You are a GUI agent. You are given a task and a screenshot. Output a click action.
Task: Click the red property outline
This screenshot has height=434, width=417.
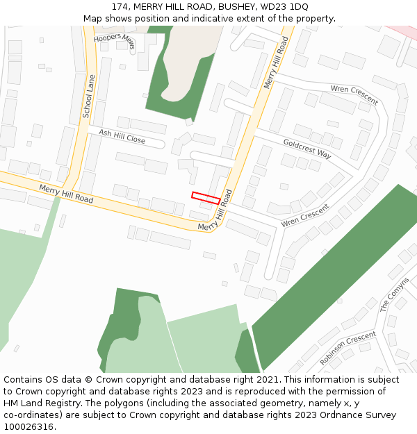206,198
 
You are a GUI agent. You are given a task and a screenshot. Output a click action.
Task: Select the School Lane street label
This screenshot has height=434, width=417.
88,98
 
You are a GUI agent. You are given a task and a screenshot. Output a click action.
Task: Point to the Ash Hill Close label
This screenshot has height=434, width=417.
122,135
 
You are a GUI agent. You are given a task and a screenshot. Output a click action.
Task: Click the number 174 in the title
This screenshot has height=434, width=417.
120,6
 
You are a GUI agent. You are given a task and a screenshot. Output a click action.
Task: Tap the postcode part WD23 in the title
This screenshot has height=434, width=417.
272,6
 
